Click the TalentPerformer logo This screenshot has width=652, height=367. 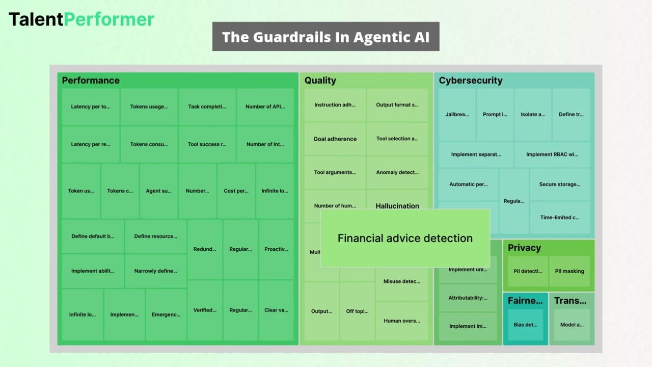[81, 19]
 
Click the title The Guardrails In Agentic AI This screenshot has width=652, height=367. [325, 37]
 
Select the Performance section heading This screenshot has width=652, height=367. [91, 81]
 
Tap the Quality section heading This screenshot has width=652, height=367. [320, 81]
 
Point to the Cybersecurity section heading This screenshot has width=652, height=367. [470, 81]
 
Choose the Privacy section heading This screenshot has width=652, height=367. [524, 248]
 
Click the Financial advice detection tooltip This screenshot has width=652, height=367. [405, 238]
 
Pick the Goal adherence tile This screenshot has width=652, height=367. [335, 139]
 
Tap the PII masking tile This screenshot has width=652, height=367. [569, 271]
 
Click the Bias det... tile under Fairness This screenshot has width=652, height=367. [525, 325]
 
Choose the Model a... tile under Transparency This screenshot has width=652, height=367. [572, 325]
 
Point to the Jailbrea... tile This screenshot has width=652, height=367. [457, 115]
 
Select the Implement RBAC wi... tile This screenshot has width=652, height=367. [552, 154]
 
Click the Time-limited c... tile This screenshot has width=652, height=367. [559, 218]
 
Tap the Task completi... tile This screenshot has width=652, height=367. [207, 107]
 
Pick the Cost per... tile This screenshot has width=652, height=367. [236, 191]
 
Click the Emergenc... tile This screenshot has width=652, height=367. [166, 314]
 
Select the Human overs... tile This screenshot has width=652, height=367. [401, 321]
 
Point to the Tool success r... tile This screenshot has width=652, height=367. [207, 144]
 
